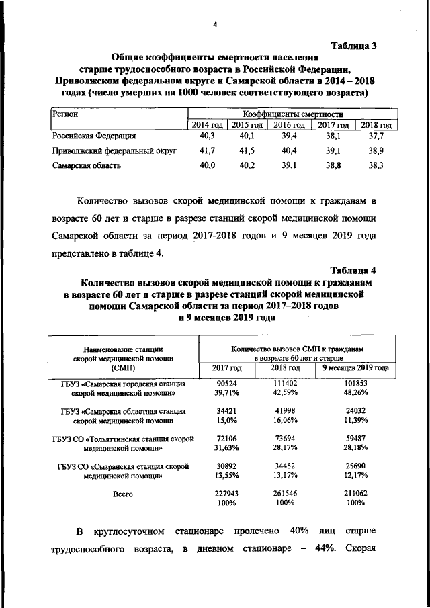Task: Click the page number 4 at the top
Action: pos(214,26)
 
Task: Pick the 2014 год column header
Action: pos(207,125)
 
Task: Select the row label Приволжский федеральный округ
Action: pos(114,151)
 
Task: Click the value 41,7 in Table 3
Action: pos(208,151)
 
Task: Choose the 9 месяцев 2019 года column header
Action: pos(355,368)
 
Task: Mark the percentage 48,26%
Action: pos(355,392)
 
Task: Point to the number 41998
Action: pos(284,410)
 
